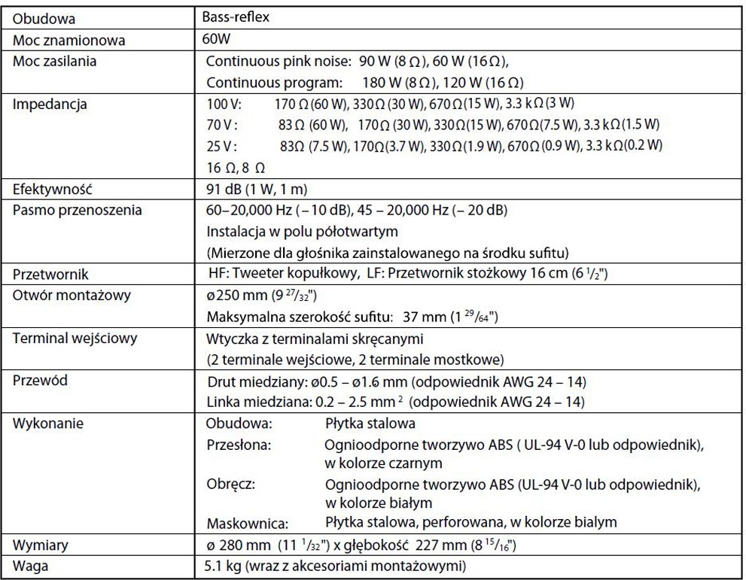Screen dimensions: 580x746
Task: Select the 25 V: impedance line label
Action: pyautogui.click(x=222, y=145)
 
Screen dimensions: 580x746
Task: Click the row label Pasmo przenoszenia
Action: pyautogui.click(x=77, y=210)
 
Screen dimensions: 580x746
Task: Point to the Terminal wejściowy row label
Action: pyautogui.click(x=75, y=339)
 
